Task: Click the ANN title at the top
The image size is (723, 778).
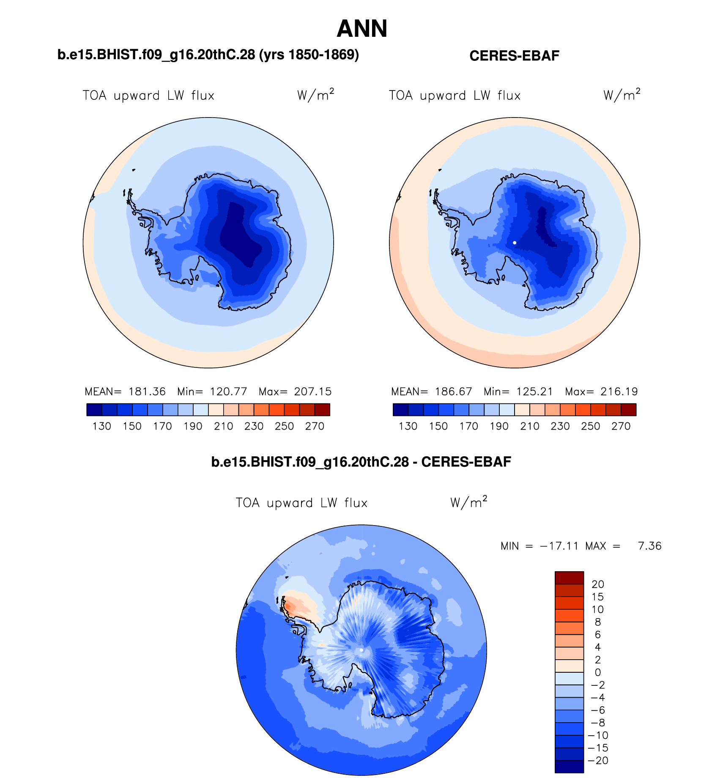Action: tap(362, 29)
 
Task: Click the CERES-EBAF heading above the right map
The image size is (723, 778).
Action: tap(514, 56)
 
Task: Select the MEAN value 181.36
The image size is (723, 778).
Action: tap(147, 392)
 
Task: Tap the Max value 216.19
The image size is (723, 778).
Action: tap(619, 392)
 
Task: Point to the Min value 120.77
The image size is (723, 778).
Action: tap(228, 392)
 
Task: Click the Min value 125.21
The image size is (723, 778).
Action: tap(534, 392)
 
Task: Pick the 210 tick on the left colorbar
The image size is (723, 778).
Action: tap(223, 426)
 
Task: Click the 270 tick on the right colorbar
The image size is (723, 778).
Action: tap(621, 426)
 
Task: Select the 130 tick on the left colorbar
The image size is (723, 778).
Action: tap(101, 426)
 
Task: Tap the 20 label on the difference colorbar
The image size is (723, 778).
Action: tap(598, 584)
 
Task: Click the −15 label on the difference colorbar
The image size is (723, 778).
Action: tap(598, 748)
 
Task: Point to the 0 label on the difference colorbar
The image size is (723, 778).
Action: tap(598, 672)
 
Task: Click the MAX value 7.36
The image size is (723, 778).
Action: tap(649, 546)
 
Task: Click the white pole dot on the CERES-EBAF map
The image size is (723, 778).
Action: tap(515, 243)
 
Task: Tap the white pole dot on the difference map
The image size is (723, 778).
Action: tap(361, 650)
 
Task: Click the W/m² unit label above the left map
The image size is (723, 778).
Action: tap(315, 95)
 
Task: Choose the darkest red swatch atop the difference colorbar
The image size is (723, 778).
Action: tap(569, 578)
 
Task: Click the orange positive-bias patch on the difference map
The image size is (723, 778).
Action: tap(291, 606)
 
